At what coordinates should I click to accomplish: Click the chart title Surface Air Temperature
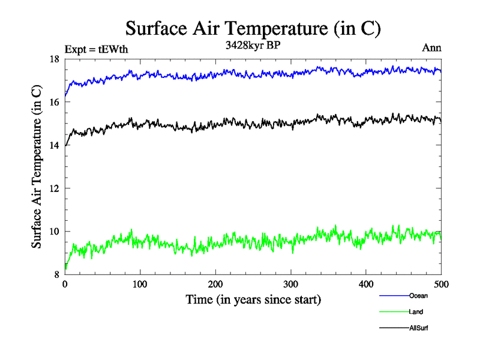[x=253, y=28]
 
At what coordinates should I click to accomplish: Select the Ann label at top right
[x=432, y=48]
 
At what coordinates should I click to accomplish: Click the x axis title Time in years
[x=253, y=299]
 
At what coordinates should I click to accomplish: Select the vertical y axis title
[x=37, y=167]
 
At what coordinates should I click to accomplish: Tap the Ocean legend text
[x=418, y=296]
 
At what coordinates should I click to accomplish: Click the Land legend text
[x=416, y=312]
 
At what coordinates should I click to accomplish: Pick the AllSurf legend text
[x=419, y=328]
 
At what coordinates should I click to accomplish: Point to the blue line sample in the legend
[x=394, y=296]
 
